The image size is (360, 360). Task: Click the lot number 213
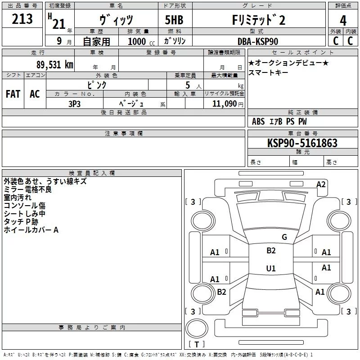coord(22,19)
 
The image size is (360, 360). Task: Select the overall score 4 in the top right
coord(343,20)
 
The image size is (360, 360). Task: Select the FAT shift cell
coord(13,94)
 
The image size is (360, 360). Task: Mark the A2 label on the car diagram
coord(321,184)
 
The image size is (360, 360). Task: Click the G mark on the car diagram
coord(284,237)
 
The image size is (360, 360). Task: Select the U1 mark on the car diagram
coord(271,268)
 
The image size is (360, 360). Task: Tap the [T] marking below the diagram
coord(197,344)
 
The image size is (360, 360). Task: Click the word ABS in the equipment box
coord(258,121)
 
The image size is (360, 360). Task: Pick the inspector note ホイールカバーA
coord(31,230)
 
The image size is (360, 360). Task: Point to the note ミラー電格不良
coord(28,189)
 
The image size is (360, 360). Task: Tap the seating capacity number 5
coord(187,85)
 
